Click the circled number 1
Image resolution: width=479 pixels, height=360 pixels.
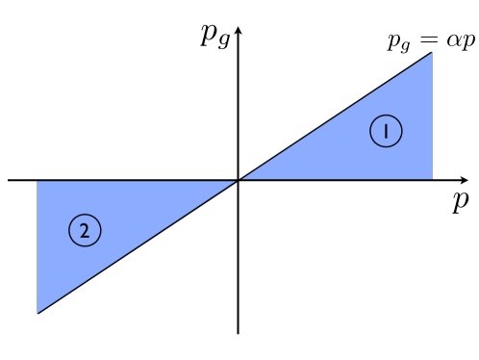386,132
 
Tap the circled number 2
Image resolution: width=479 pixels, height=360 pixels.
85,230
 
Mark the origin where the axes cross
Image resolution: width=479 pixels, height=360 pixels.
238,180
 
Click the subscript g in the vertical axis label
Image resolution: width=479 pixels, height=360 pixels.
224,40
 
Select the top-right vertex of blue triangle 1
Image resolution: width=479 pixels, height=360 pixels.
432,52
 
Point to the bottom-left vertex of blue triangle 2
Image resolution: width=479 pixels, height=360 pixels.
38,313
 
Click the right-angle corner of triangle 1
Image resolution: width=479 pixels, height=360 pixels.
432,180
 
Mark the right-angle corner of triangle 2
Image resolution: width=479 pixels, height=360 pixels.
38,180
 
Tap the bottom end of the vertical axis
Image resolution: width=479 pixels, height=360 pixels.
238,333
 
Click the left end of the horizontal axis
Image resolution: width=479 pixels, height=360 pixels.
9,180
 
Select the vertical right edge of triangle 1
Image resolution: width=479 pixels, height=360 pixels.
432,116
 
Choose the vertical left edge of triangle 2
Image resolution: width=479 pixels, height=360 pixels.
38,246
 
